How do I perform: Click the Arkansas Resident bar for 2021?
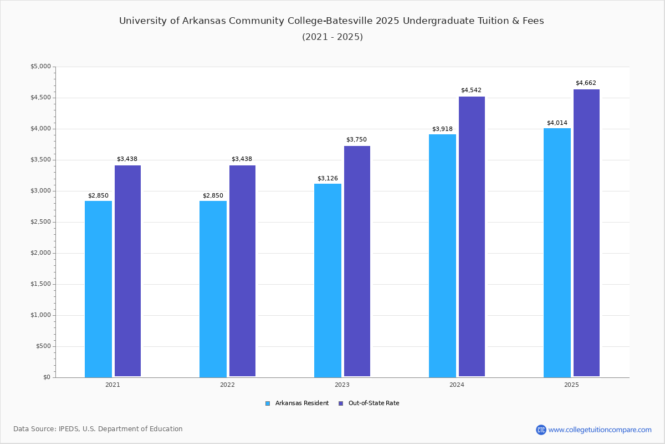[x=98, y=289]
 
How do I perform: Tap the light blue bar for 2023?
[x=328, y=280]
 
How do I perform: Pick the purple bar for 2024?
[x=472, y=236]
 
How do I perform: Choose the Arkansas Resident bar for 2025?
[x=557, y=253]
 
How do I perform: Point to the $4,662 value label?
[x=586, y=83]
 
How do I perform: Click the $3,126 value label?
[x=328, y=178]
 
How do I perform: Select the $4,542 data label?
[x=471, y=90]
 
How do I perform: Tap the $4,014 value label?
[x=557, y=123]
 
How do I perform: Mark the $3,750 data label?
[x=356, y=140]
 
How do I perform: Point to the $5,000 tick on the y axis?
[x=40, y=67]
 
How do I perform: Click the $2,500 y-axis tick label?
[x=40, y=222]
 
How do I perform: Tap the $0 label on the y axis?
[x=47, y=377]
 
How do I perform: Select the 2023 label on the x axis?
[x=342, y=385]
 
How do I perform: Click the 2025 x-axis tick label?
[x=571, y=385]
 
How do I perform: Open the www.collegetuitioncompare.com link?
[x=600, y=430]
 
